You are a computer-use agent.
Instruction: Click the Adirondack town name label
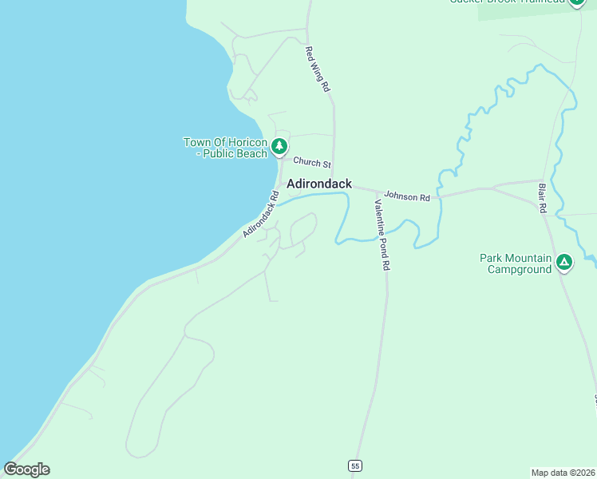click(318, 184)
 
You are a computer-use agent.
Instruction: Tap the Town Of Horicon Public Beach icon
click(279, 146)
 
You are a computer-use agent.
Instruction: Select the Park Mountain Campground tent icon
click(564, 262)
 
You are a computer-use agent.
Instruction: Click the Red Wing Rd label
click(318, 69)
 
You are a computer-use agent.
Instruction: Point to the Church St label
click(311, 163)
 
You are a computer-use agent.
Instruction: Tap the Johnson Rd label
click(407, 196)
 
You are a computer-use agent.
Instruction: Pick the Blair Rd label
click(542, 197)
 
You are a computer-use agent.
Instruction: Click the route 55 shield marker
click(355, 465)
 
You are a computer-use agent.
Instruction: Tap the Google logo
click(26, 469)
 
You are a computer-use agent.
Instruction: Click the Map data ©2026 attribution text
click(563, 472)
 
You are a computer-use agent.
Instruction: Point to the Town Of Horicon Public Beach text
click(226, 148)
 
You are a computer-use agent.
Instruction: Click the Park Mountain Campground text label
click(516, 263)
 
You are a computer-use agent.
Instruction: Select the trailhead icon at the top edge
click(577, 2)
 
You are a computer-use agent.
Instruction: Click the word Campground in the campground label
click(520, 269)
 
